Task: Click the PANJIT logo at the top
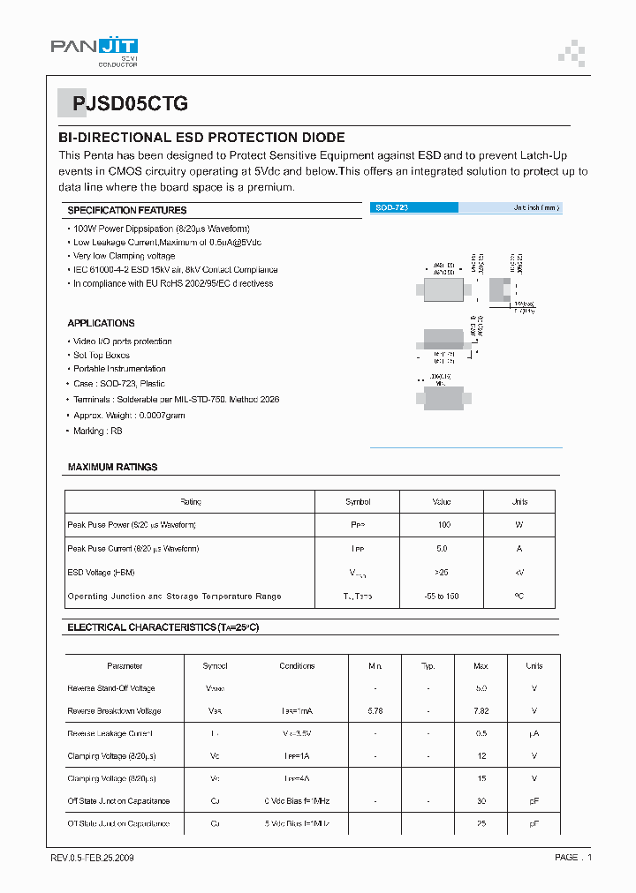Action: click(94, 50)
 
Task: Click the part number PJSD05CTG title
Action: click(130, 103)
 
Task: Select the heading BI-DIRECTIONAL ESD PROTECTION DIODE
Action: click(201, 138)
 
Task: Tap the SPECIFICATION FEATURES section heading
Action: click(127, 210)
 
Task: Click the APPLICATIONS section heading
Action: click(101, 323)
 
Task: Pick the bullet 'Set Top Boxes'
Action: click(101, 355)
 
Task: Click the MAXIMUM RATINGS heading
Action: click(112, 467)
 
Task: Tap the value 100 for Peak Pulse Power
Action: click(443, 525)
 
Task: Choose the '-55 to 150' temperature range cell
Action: click(442, 597)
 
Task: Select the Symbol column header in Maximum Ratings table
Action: click(358, 502)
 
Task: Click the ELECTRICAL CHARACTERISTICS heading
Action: click(163, 627)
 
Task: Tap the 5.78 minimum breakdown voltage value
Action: click(375, 711)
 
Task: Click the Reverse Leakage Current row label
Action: click(110, 734)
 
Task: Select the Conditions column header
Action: click(297, 666)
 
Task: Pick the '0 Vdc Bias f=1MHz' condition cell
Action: click(297, 801)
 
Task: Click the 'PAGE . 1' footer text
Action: click(573, 858)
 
